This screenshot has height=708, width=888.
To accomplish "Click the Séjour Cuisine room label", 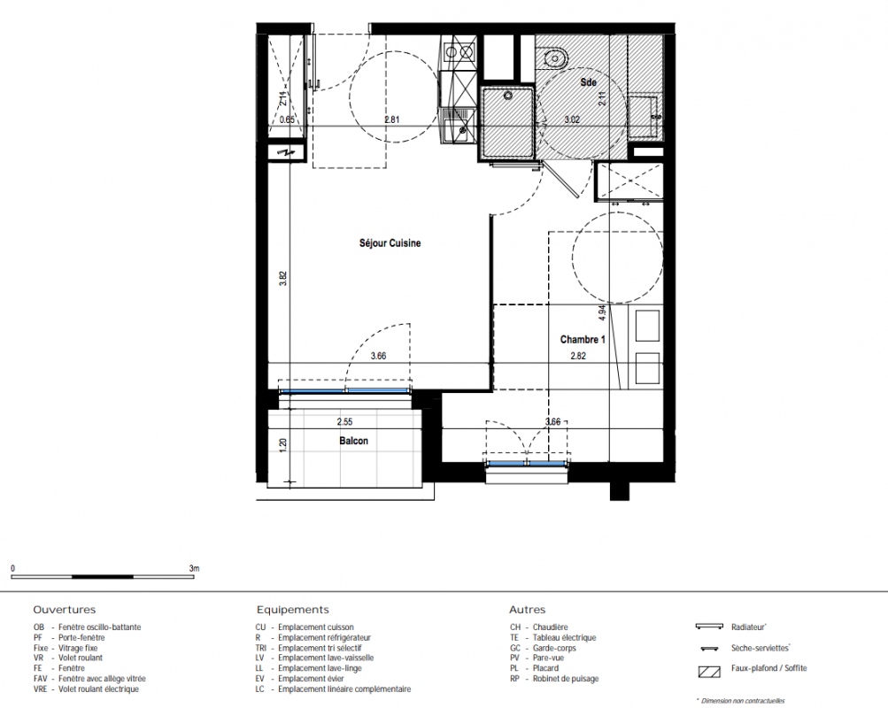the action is pos(390,242).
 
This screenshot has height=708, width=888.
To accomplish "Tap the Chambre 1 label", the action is pos(583,340).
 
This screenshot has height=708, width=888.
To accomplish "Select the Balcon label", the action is pos(353,441).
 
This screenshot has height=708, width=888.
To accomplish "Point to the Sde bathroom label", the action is pos(589,82).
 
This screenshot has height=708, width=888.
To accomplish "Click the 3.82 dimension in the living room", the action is pos(283,279).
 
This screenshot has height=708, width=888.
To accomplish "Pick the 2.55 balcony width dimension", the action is pos(345,421).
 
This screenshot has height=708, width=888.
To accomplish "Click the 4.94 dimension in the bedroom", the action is pos(601,313).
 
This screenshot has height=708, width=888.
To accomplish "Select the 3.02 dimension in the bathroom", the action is pos(572,119).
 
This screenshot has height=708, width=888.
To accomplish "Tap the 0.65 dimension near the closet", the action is pos(287,119).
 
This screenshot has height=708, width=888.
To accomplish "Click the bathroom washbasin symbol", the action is pos(554,58).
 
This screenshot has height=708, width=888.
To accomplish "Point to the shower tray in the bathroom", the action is pos(507,123).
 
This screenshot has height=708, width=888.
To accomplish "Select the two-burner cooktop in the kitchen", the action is pos(459,52).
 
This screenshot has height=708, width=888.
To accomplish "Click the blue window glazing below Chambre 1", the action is pos(528,464).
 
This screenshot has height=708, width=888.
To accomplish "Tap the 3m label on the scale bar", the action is pos(194,568).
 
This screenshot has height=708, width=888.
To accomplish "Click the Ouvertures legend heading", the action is pos(65,610).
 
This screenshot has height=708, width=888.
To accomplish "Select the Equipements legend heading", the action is pos(293,610).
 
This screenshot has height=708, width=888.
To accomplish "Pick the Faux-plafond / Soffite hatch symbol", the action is pos(709,672).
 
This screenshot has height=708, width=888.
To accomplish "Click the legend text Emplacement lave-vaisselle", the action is pos(326,658).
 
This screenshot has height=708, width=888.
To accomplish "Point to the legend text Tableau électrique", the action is pos(564,637).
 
